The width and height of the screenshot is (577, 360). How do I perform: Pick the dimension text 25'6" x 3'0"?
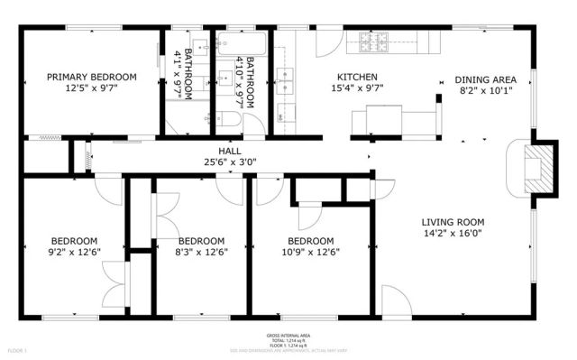point(229,162)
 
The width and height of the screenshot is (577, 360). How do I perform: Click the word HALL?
point(229,151)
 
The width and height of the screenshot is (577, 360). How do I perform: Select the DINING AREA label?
point(486,78)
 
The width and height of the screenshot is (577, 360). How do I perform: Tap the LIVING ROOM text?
point(453,221)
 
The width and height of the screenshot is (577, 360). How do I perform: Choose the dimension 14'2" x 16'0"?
point(453,233)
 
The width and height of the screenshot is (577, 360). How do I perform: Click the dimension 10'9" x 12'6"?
point(310,253)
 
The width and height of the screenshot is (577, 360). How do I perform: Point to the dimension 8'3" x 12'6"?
point(200,253)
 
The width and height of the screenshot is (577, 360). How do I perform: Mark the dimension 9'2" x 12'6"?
point(73,253)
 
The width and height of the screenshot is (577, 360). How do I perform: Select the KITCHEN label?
point(357,77)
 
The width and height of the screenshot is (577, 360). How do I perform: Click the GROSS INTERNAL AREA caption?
point(289,335)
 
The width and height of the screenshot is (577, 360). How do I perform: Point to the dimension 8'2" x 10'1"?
point(486,90)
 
